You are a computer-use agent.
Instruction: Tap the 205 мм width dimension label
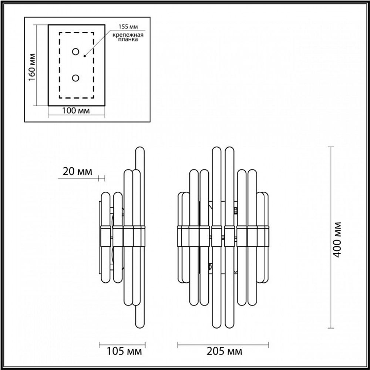coord(223,350)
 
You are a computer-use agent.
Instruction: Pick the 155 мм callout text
coord(126,27)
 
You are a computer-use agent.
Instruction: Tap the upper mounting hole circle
coord(75,51)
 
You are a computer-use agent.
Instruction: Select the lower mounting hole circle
coord(75,78)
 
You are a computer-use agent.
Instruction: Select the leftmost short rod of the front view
coord(181,237)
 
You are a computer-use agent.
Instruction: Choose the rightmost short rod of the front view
coord(265,237)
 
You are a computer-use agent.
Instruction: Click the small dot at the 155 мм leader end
coord(85,56)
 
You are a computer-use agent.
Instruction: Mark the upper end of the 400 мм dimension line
coord(331,147)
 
